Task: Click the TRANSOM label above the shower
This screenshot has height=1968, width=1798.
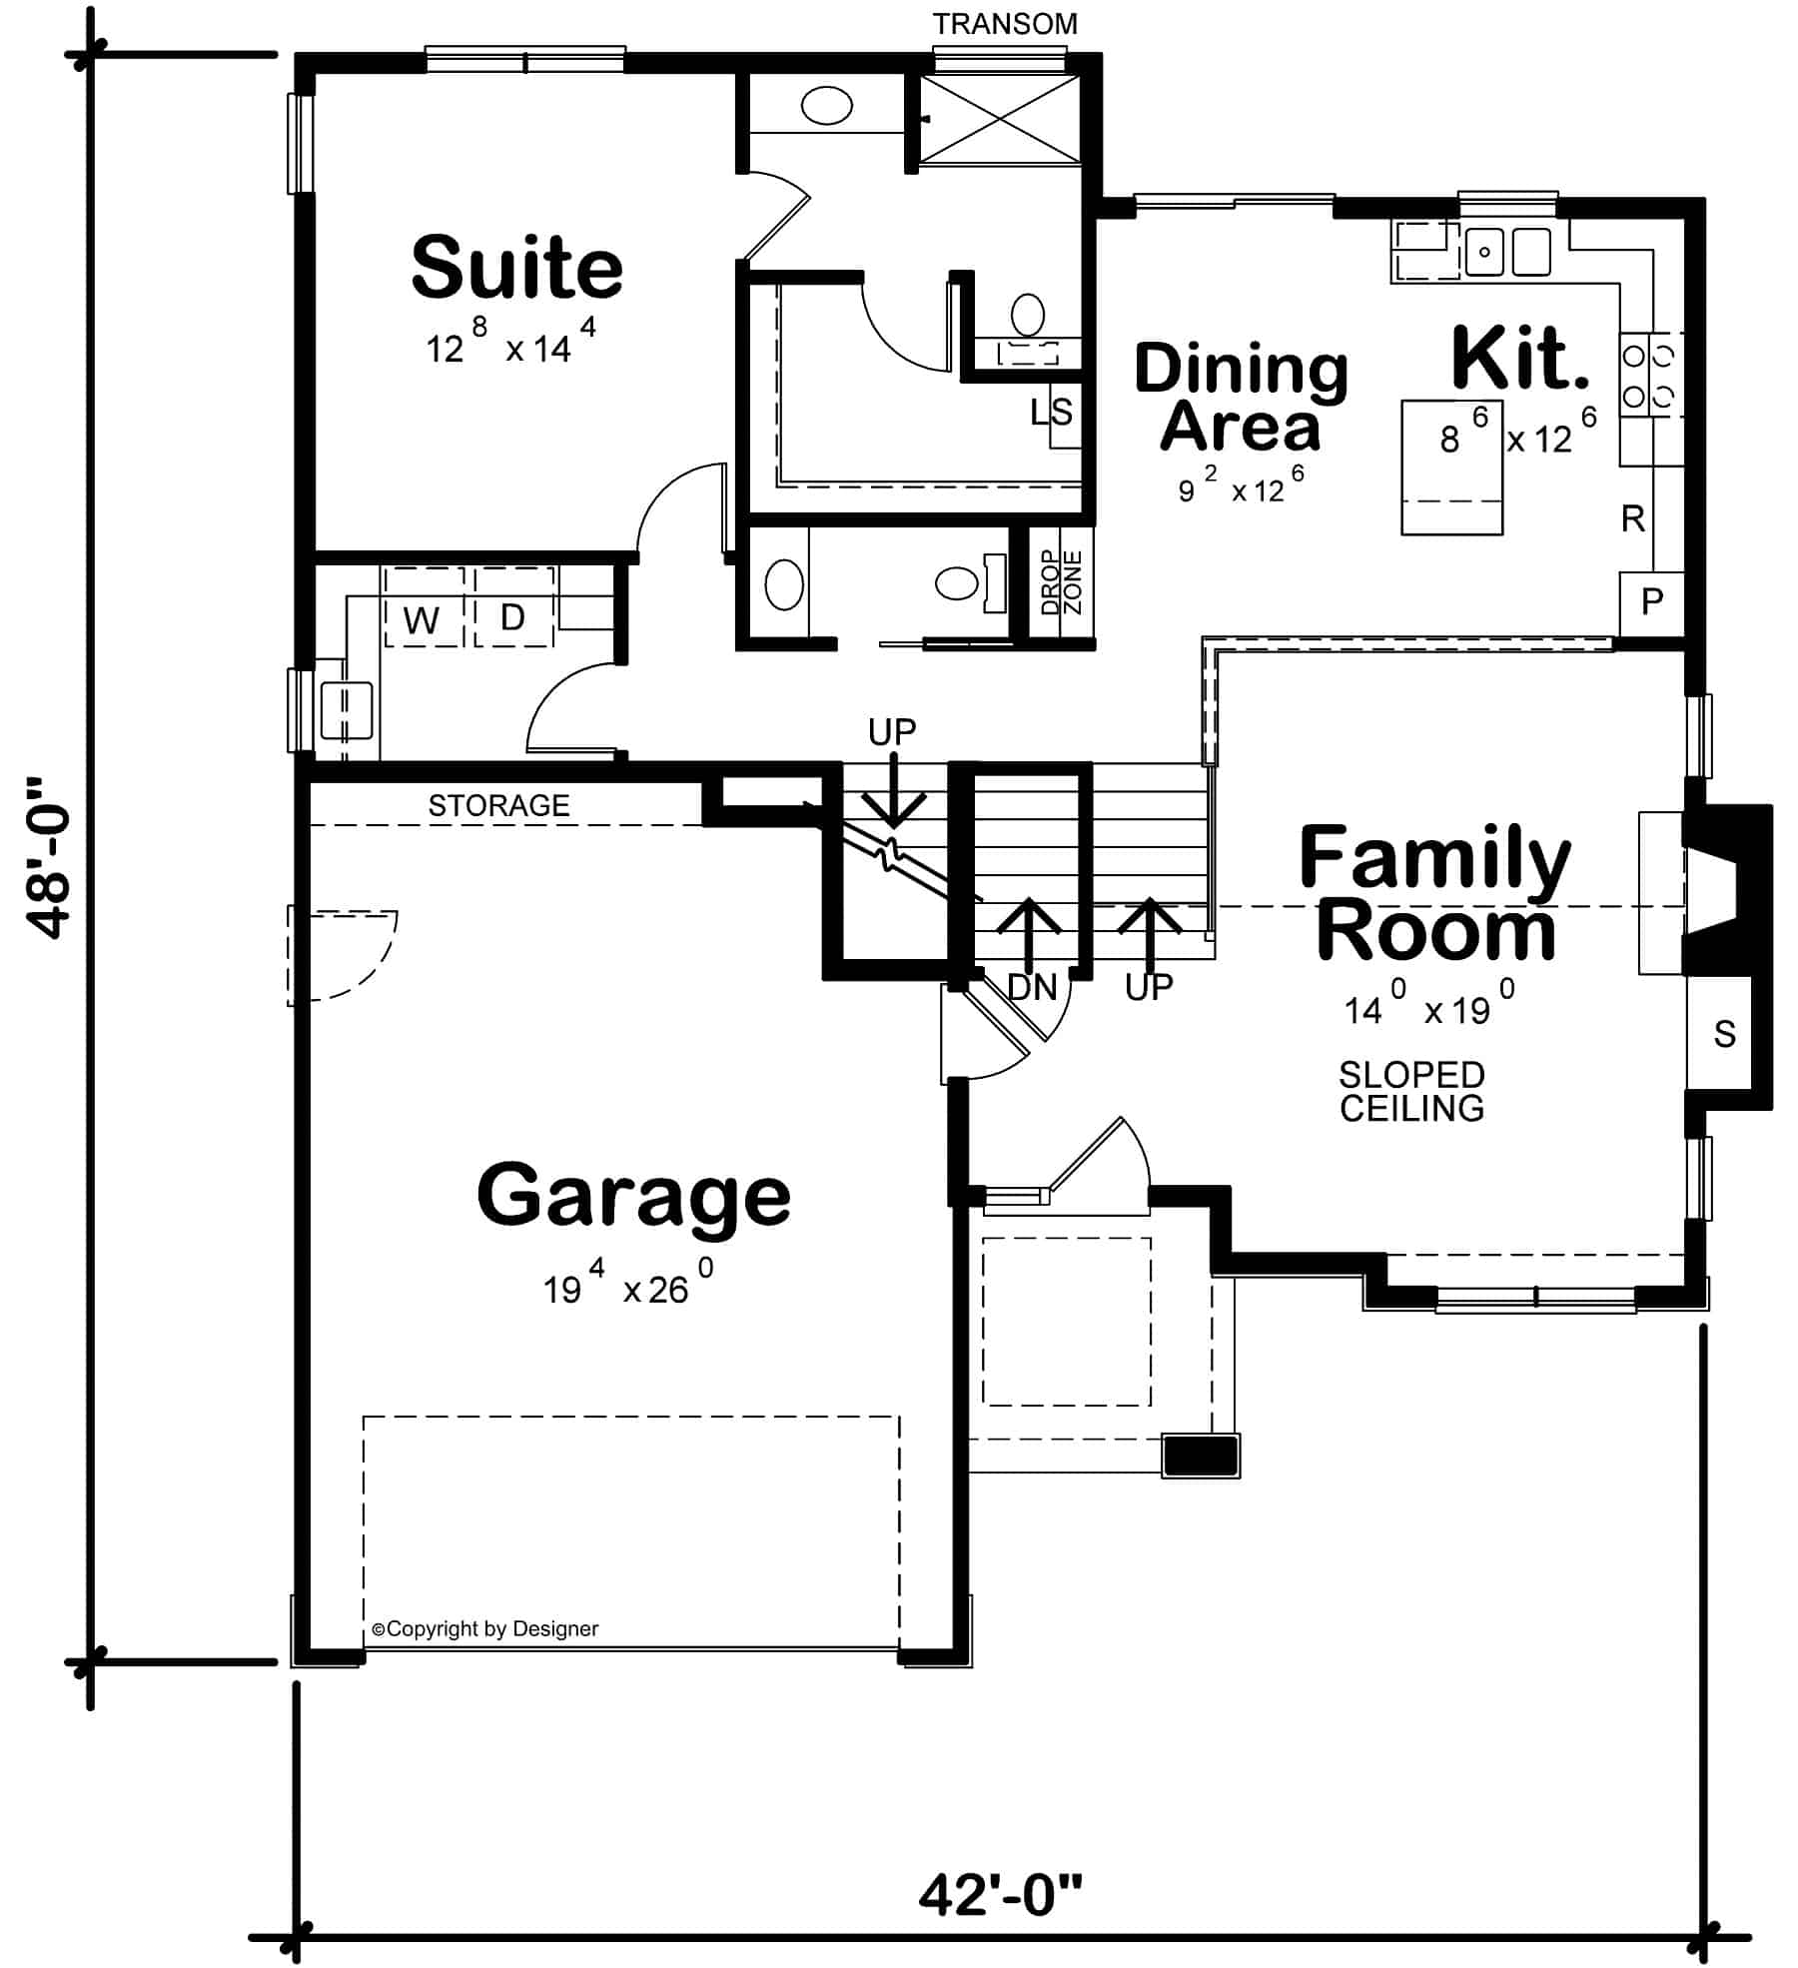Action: tap(1005, 24)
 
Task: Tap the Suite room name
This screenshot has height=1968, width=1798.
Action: tap(516, 268)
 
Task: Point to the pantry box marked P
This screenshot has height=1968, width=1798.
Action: tap(1652, 601)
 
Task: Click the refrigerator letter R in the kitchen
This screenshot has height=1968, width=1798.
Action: tap(1633, 518)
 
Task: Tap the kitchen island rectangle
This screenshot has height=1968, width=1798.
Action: tap(1451, 468)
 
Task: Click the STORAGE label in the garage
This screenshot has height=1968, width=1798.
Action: tap(498, 805)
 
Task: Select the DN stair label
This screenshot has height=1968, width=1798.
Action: tap(1032, 988)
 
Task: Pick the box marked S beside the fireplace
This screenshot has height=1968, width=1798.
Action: tap(1723, 1034)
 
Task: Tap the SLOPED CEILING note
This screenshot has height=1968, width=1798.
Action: tap(1411, 1091)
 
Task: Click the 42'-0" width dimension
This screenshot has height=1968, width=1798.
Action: tap(999, 1895)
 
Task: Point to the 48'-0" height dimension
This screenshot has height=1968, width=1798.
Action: tap(50, 858)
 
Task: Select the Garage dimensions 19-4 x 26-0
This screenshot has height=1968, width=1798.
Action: tap(627, 1289)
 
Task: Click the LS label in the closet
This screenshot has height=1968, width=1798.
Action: tap(1052, 412)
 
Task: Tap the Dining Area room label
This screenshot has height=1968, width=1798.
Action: tap(1241, 398)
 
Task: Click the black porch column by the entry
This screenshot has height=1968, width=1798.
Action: tap(1201, 1456)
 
